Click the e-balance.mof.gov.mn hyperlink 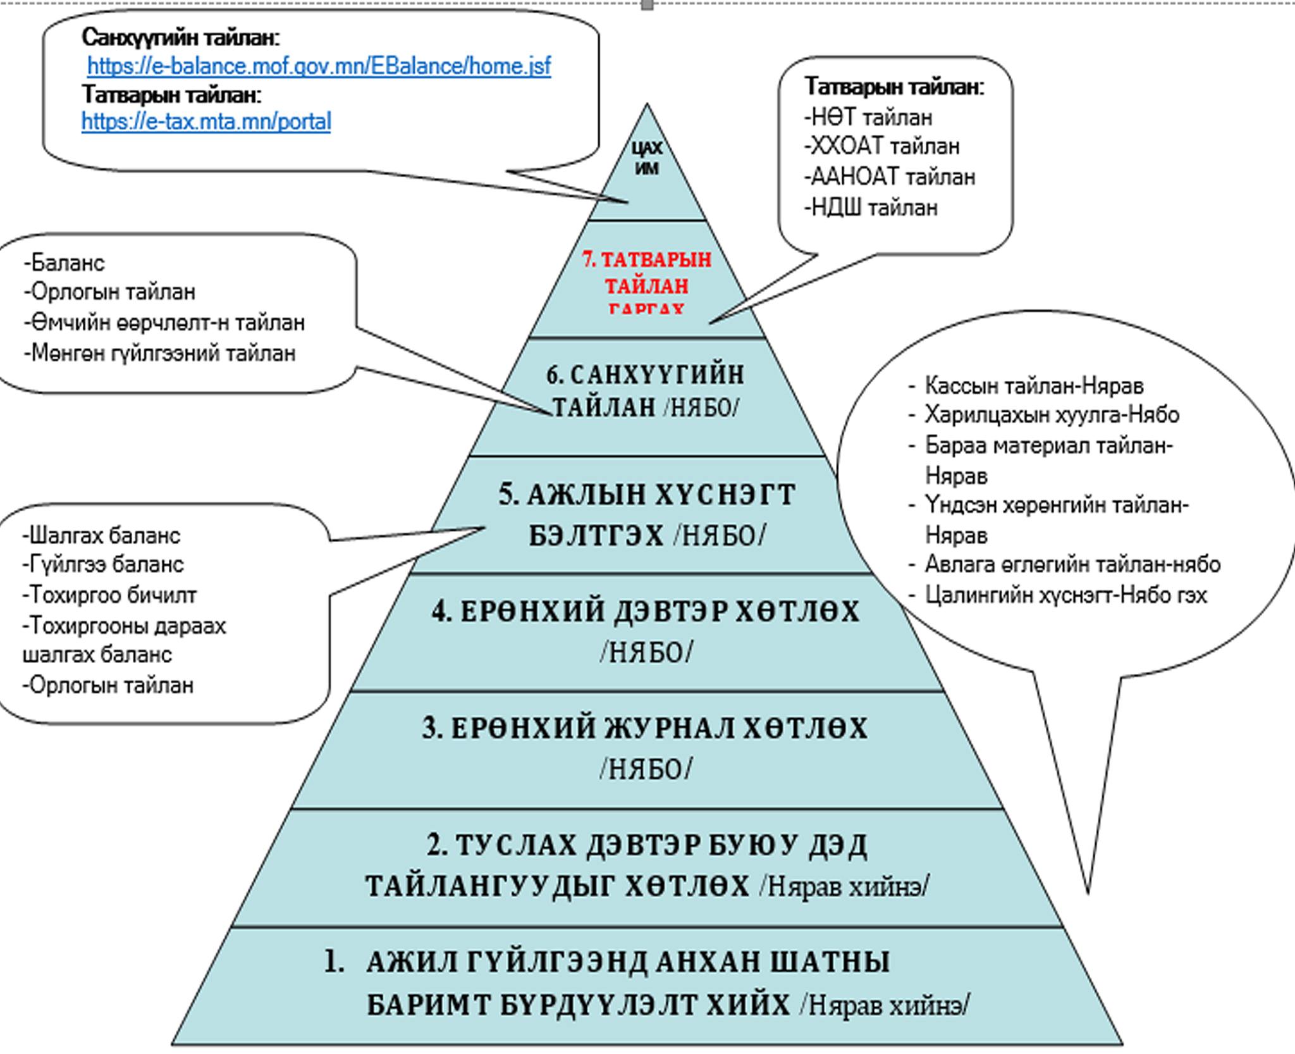click(x=319, y=66)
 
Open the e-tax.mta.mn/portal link click(x=206, y=121)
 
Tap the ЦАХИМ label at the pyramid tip click(x=646, y=158)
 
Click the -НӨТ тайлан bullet click(x=868, y=118)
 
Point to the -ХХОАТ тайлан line click(x=882, y=147)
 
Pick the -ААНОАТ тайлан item click(x=890, y=177)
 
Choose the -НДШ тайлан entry click(x=871, y=208)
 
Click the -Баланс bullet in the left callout click(x=64, y=263)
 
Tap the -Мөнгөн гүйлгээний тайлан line click(x=160, y=353)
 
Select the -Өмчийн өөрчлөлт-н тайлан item click(x=164, y=323)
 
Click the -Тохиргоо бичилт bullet click(x=109, y=595)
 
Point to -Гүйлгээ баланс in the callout click(x=103, y=564)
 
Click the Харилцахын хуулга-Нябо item click(x=1052, y=415)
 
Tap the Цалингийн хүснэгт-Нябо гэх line click(x=1065, y=595)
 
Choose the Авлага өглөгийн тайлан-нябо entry click(x=1072, y=564)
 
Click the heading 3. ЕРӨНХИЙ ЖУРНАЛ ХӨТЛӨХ click(x=645, y=729)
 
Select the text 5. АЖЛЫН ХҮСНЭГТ click(x=646, y=495)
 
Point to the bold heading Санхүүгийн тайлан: click(x=181, y=38)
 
